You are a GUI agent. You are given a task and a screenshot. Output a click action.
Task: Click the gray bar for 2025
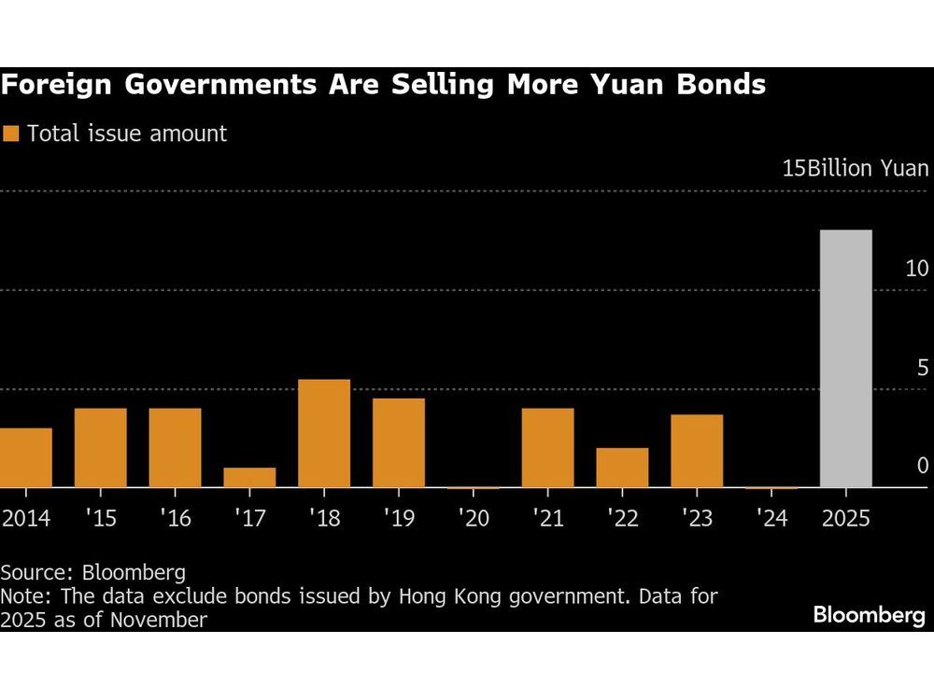click(846, 358)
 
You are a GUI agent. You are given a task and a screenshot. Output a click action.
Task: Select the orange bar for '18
click(324, 433)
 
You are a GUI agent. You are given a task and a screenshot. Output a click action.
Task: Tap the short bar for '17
click(249, 477)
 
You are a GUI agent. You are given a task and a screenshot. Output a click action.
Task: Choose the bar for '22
click(622, 468)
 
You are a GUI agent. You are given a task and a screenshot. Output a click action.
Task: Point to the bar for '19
click(399, 442)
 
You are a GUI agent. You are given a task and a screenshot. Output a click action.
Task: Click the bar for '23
click(697, 451)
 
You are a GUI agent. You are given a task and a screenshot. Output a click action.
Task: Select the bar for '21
click(547, 448)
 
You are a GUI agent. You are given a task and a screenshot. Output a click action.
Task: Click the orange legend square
click(11, 133)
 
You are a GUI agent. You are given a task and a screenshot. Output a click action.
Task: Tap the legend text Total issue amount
click(127, 133)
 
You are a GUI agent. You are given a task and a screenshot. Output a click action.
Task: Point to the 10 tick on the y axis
click(916, 269)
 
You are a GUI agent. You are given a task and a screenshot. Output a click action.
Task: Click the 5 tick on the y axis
click(922, 368)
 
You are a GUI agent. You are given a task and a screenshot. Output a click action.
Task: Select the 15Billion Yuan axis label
click(855, 169)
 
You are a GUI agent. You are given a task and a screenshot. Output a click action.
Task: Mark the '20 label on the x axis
click(473, 519)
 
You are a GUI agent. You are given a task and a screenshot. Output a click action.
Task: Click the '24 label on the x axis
click(771, 519)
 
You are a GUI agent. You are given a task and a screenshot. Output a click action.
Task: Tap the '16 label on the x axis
click(175, 519)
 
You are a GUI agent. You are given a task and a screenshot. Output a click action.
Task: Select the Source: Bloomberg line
click(92, 572)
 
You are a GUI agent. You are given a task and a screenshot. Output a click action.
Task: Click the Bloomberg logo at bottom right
click(869, 615)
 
